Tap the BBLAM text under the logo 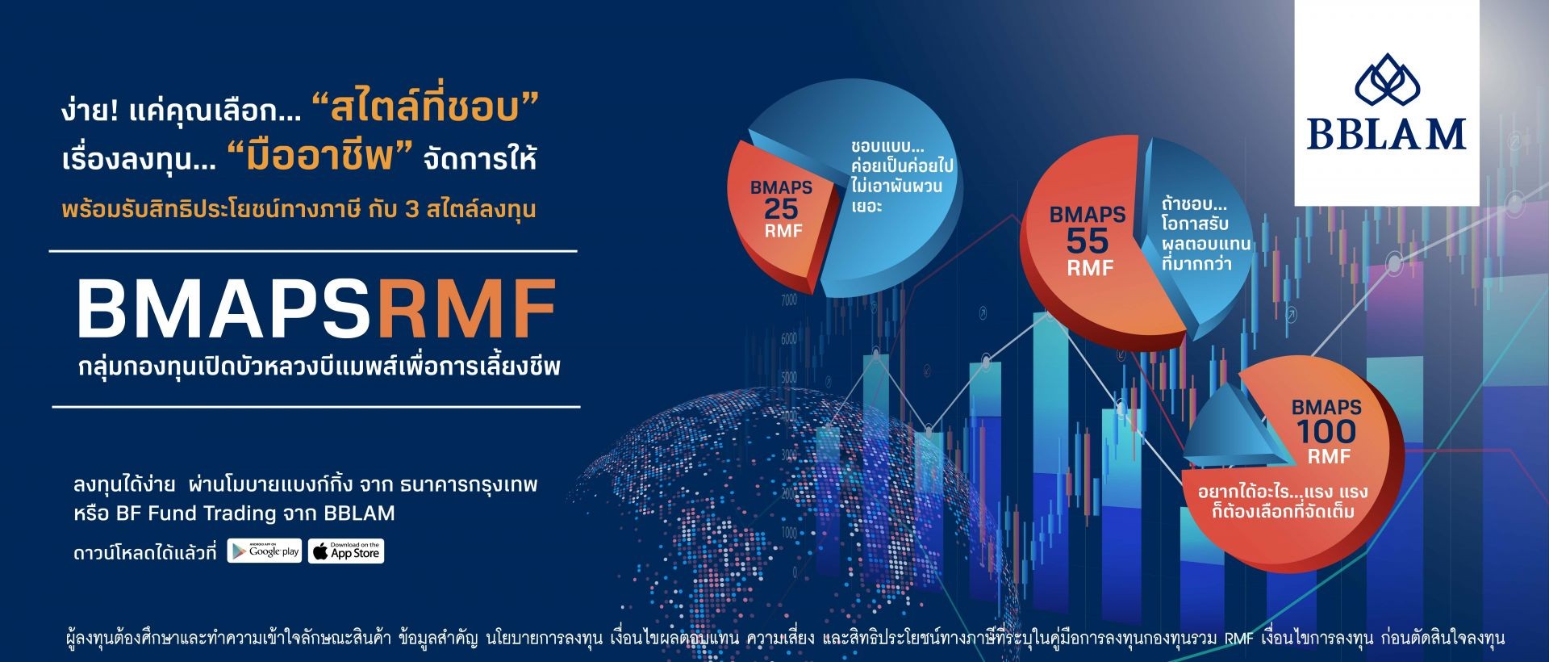pos(1387,134)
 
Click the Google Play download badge pos(265,551)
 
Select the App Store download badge pos(346,551)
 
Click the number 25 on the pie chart pos(780,209)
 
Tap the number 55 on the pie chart pos(1088,241)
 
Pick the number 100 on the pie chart pos(1326,432)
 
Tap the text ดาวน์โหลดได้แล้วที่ pos(144,553)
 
